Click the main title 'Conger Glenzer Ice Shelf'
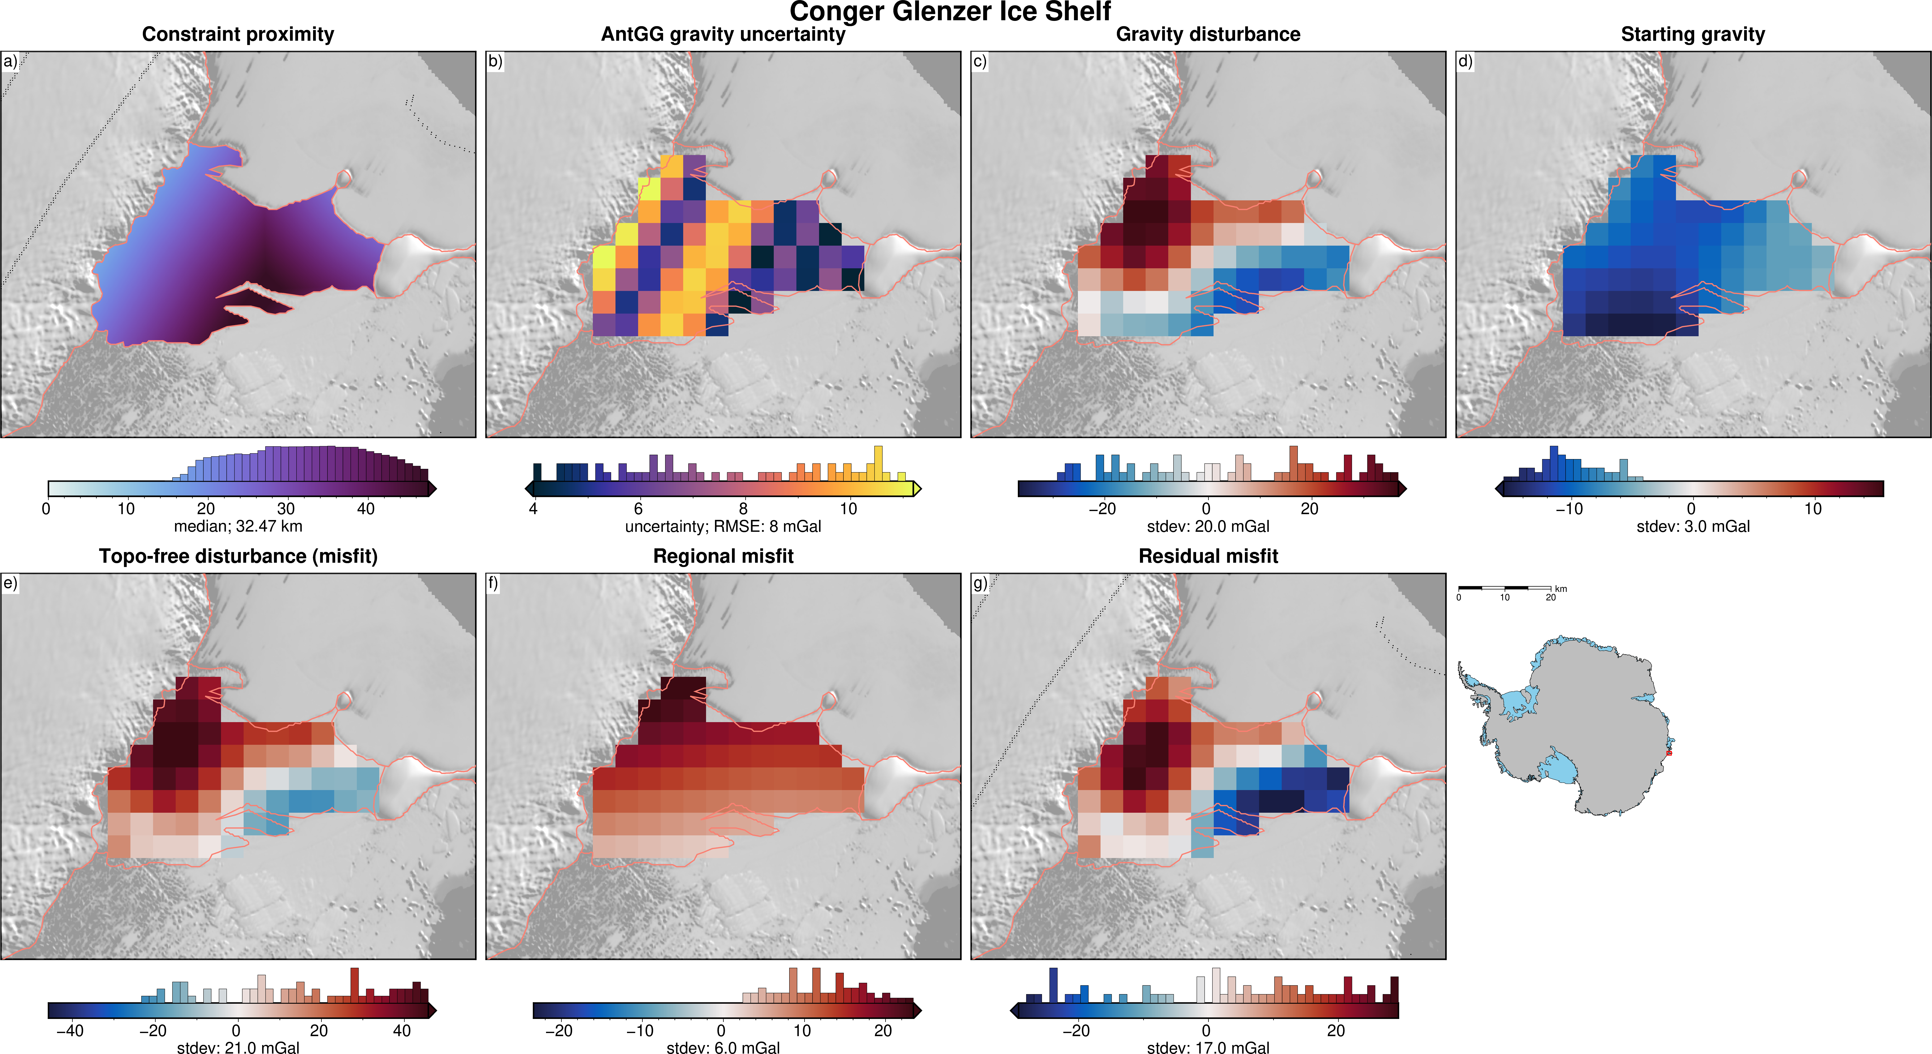point(949,12)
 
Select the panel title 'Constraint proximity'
point(238,34)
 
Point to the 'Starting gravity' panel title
point(1693,34)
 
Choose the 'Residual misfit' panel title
point(1207,556)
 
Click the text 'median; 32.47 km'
point(238,526)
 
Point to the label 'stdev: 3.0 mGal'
point(1693,526)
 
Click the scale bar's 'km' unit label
point(1561,589)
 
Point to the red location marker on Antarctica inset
point(1669,752)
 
